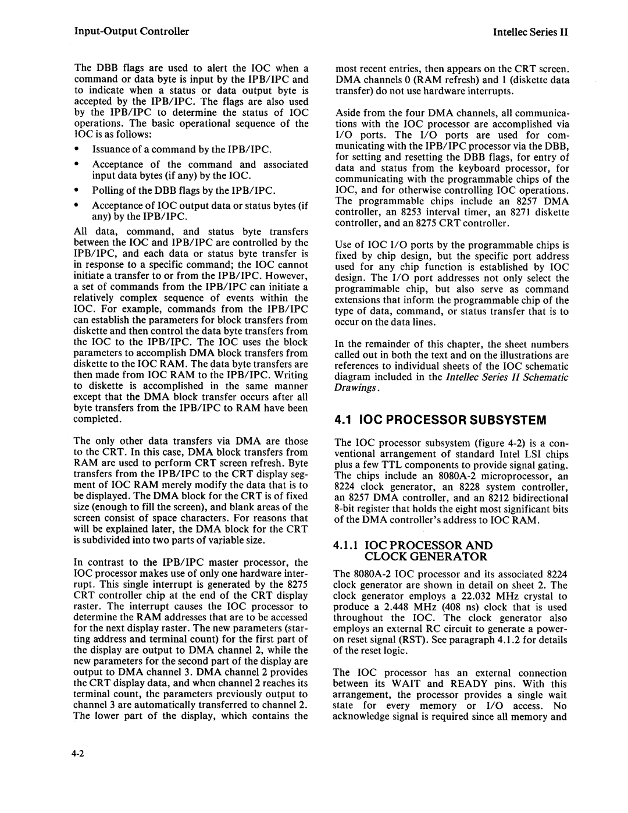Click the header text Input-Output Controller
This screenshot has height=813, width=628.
click(x=131, y=31)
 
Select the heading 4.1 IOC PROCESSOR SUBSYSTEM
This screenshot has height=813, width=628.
click(x=441, y=419)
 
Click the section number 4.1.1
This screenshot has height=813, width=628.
click(x=348, y=545)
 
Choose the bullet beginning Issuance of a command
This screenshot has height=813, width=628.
click(x=182, y=150)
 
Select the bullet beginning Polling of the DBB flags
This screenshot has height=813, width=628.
click(x=184, y=190)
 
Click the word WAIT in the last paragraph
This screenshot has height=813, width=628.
click(x=409, y=684)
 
